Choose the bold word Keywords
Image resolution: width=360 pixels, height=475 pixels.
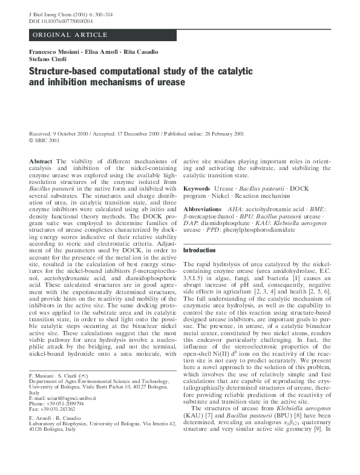(x=197, y=189)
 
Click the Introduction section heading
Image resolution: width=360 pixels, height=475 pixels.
(x=199, y=250)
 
